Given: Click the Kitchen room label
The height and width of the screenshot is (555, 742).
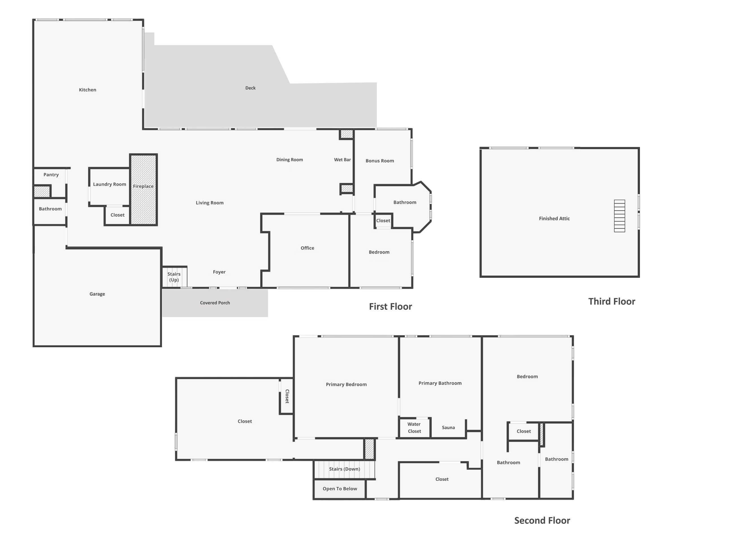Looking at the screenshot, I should coord(87,90).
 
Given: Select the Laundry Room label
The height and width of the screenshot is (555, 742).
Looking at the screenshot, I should coord(109,184).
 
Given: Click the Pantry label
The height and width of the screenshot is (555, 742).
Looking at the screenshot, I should coord(51,174).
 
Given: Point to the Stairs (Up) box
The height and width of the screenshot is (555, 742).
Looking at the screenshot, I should coord(174,277).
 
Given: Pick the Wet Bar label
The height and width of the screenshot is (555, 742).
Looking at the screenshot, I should coord(342,160).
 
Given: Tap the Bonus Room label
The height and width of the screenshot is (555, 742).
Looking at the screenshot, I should coord(379,161).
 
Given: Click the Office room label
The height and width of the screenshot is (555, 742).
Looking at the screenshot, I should coord(307,248).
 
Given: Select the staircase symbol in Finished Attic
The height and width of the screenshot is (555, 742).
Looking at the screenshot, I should coord(619,216).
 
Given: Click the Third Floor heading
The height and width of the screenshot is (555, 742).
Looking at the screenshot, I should coord(611,301).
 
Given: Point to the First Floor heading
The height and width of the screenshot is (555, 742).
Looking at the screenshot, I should coord(390,307).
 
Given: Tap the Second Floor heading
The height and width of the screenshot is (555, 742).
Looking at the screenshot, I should coord(542,521).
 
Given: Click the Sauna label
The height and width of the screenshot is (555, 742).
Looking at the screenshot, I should coord(448,428).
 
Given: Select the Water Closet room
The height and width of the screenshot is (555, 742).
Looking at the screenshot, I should coord(414,428).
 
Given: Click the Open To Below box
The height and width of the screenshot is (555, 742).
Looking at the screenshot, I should coord(339,489).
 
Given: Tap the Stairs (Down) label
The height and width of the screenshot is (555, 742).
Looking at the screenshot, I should coord(344,469).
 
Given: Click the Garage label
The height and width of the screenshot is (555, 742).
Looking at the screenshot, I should coord(97,294).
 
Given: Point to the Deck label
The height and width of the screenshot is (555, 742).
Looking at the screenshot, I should coord(250,88).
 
